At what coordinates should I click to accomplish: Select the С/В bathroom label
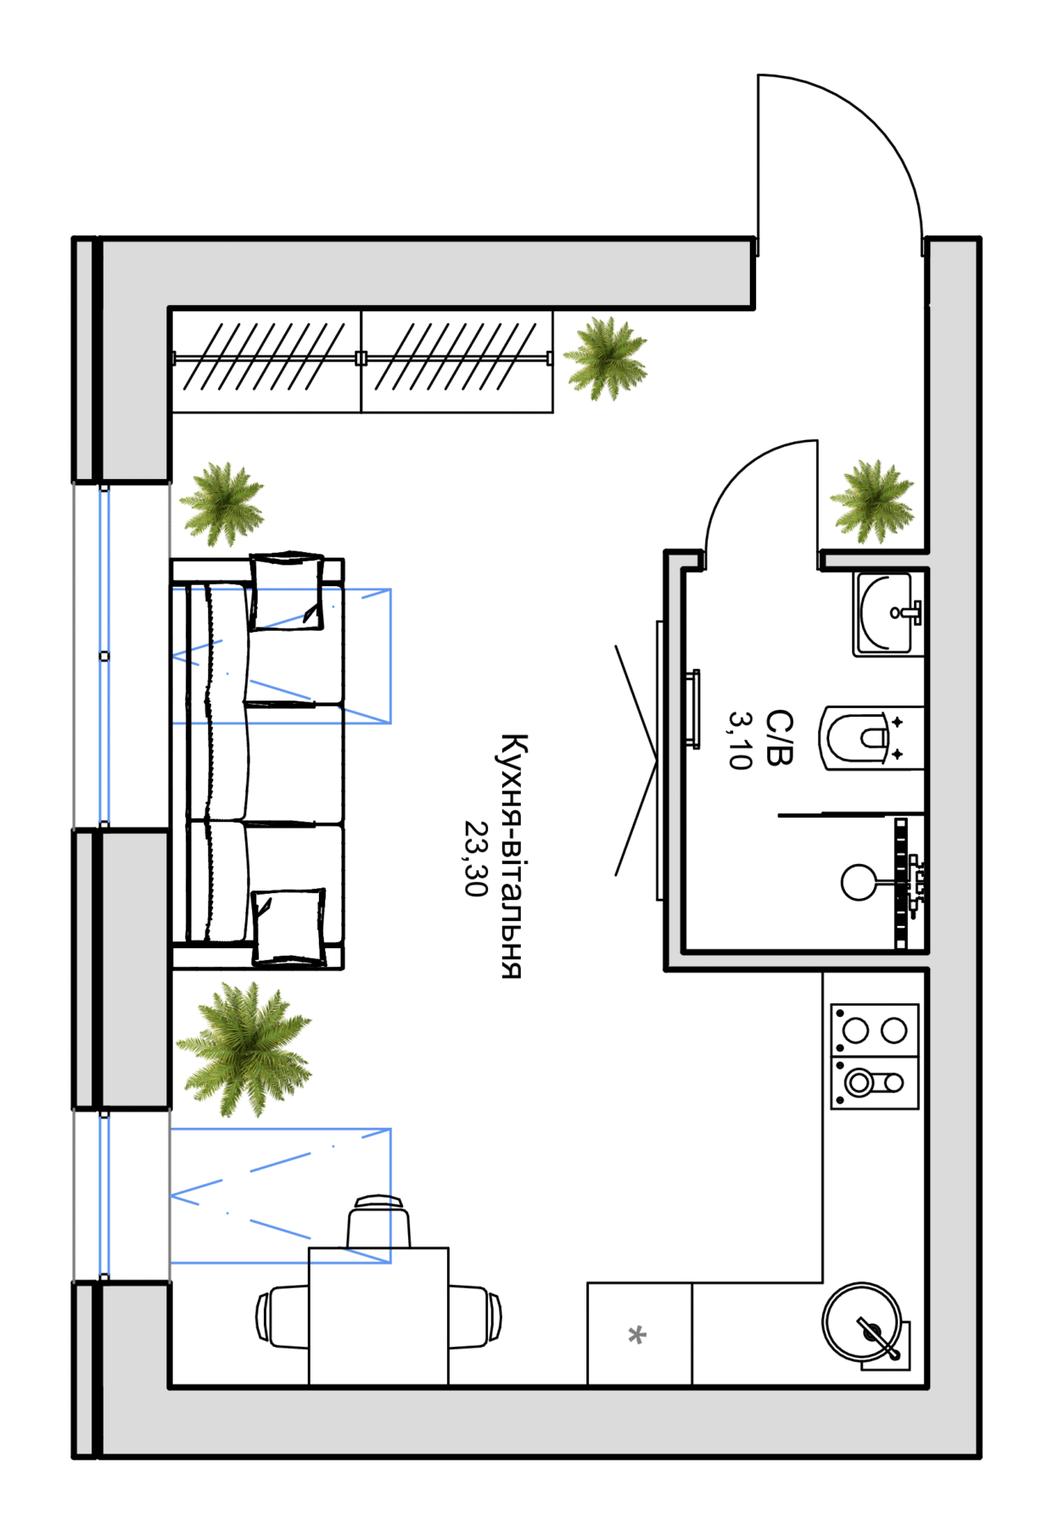point(779,738)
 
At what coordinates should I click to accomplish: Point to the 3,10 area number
point(741,740)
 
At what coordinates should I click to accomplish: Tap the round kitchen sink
point(861,1321)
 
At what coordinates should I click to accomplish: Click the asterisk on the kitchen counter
point(637,1336)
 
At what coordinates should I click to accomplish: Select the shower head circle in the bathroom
point(860,883)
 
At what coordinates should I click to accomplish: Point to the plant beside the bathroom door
point(872,501)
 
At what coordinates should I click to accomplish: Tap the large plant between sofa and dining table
point(244,1049)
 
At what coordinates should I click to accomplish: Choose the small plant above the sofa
point(222,504)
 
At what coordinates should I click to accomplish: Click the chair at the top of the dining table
point(378,1221)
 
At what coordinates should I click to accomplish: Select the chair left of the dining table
point(283,1317)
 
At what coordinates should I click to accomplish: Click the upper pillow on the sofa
point(287,591)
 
